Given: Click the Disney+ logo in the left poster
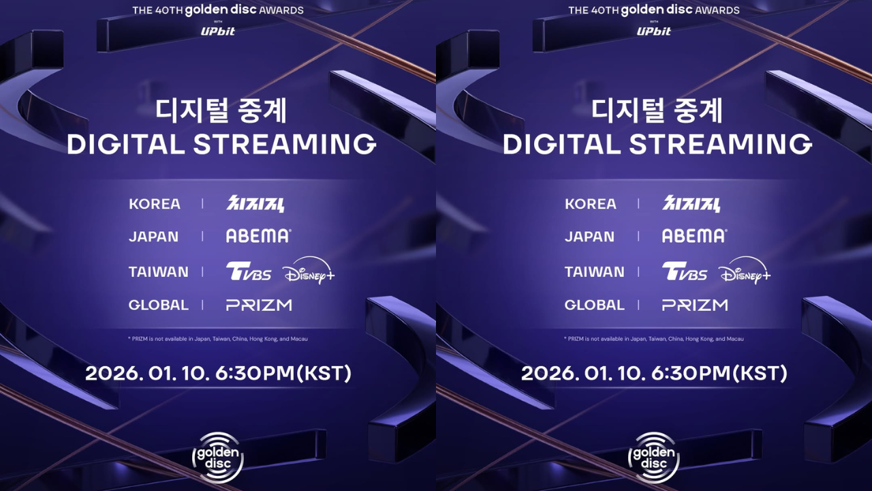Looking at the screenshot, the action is coord(309,271).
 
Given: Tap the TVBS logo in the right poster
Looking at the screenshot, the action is coord(685,271).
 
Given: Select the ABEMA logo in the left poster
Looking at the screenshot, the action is coord(258,236).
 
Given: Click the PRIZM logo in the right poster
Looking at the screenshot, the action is coord(695,305).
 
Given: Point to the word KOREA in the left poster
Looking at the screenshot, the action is coord(155,204).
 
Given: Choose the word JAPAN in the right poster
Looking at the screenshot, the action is coord(589,237).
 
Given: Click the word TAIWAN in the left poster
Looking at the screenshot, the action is coord(159,271).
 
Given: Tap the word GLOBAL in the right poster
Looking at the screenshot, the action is coord(595,305).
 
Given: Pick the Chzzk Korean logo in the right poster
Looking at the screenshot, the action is coord(691,203).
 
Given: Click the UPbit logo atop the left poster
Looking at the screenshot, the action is coord(218,31).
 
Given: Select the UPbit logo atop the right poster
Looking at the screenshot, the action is coord(654,31).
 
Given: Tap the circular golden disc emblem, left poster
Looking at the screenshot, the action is coord(218,458).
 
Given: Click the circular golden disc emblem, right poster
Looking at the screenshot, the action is coord(654,458).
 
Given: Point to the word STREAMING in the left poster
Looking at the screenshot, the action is coord(285,144).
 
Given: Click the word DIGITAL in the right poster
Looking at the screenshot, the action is coord(561,144).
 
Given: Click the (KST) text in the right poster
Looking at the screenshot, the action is coord(760,373).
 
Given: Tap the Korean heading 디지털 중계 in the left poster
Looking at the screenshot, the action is coord(221,110).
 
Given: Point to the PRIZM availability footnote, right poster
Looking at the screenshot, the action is coord(654,339).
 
